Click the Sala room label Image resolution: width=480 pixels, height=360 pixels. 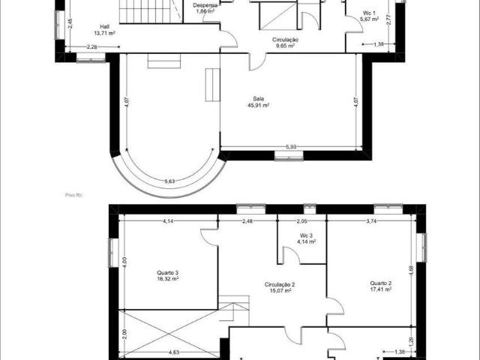click(258, 98)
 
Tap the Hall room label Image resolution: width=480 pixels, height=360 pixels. click(104, 25)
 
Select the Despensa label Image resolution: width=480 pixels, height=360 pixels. click(205, 4)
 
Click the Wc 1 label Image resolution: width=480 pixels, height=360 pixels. click(368, 13)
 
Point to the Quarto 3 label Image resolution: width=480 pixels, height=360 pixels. click(167, 272)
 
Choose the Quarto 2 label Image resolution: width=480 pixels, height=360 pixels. click(381, 283)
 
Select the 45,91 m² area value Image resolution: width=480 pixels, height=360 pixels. click(258, 106)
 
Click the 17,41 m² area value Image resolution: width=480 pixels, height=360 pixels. click(381, 289)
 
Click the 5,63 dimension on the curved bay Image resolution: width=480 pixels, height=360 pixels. click(169, 181)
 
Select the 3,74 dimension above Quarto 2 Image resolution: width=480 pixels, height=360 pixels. click(370, 221)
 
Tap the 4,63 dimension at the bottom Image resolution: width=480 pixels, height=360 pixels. click(173, 352)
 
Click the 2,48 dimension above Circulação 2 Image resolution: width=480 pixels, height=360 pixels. click(247, 221)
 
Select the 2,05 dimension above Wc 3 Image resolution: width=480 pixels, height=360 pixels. click(301, 221)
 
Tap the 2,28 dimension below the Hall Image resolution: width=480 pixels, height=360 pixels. click(92, 47)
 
